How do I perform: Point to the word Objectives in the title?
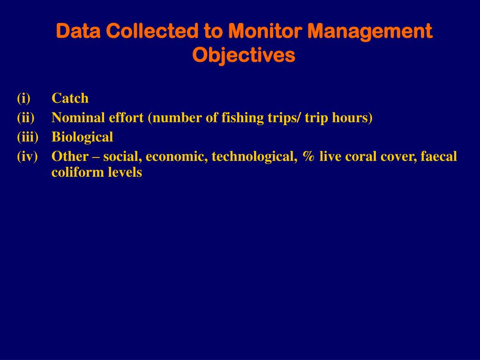point(244,55)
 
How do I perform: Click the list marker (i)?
point(23,98)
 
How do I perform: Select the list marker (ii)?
point(26,118)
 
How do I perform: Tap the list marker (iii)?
point(28,137)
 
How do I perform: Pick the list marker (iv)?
point(27,157)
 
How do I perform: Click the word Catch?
point(70,98)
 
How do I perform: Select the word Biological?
point(82,137)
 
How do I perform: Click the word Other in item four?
point(70,157)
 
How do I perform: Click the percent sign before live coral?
point(308,157)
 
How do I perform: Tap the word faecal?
point(438,157)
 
